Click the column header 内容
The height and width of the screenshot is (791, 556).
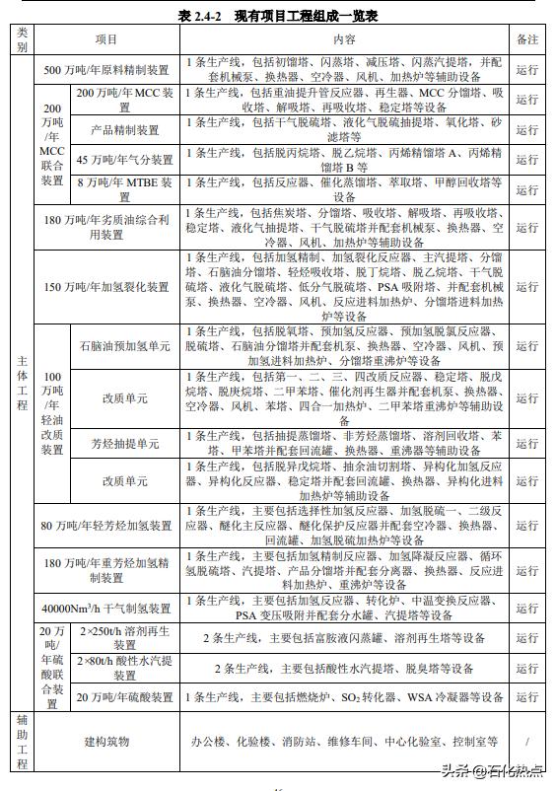point(344,39)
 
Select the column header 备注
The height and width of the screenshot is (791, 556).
point(526,39)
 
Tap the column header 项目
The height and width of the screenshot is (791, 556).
point(106,39)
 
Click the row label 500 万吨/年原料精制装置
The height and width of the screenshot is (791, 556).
point(106,70)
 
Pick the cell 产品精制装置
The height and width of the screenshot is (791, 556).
point(124,130)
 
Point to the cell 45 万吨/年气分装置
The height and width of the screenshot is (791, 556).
point(124,160)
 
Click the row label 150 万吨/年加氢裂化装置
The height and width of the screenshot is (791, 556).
point(106,287)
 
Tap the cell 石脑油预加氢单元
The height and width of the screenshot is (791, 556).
point(124,347)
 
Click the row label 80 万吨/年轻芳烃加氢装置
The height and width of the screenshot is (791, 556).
point(106,526)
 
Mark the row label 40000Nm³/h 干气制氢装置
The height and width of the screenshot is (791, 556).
point(106,608)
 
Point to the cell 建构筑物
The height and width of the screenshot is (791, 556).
point(106,741)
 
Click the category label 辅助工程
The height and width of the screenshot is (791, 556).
point(22,741)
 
